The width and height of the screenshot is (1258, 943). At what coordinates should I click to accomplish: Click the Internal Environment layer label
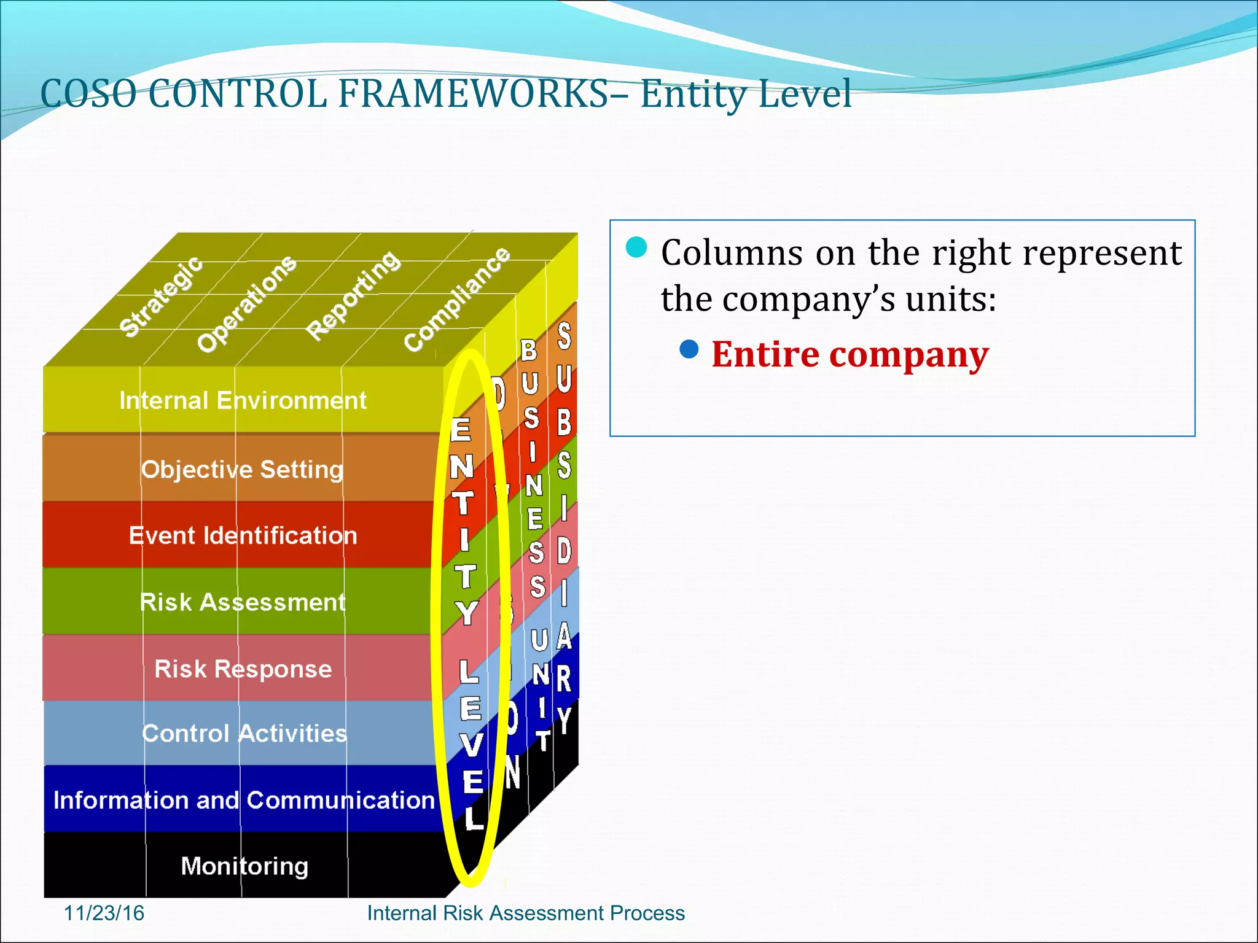pyautogui.click(x=243, y=400)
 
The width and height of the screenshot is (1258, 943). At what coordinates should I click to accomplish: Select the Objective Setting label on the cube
pyautogui.click(x=242, y=469)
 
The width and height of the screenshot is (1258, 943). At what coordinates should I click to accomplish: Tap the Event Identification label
pyautogui.click(x=243, y=535)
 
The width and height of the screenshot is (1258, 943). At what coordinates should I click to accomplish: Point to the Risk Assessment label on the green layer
pyautogui.click(x=243, y=602)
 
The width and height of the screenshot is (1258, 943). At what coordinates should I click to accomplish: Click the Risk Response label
pyautogui.click(x=243, y=669)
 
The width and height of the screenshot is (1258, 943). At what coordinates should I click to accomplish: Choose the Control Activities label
pyautogui.click(x=244, y=733)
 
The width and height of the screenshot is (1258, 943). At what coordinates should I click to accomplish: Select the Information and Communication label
pyautogui.click(x=244, y=800)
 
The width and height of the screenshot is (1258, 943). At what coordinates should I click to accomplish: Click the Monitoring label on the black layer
pyautogui.click(x=244, y=866)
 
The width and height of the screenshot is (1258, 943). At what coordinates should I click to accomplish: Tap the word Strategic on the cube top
pyautogui.click(x=161, y=297)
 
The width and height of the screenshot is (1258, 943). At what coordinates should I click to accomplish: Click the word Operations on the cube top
pyautogui.click(x=246, y=304)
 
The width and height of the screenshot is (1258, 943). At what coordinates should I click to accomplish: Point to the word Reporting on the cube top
pyautogui.click(x=353, y=295)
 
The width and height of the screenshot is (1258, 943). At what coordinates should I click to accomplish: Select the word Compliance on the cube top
pyautogui.click(x=456, y=300)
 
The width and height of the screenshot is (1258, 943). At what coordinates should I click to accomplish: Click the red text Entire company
pyautogui.click(x=850, y=354)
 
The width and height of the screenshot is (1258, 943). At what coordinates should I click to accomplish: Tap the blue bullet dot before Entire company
pyautogui.click(x=689, y=349)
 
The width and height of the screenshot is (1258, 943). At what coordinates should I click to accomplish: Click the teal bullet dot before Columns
pyautogui.click(x=636, y=247)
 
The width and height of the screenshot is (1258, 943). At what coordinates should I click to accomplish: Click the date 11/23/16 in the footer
pyautogui.click(x=104, y=913)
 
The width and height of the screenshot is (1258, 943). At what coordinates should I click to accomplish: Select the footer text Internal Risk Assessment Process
pyautogui.click(x=525, y=913)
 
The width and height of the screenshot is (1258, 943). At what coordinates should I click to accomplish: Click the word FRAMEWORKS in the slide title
pyautogui.click(x=473, y=94)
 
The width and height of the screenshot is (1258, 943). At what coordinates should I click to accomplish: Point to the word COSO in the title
pyautogui.click(x=88, y=94)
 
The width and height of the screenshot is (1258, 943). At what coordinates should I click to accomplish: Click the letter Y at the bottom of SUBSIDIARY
pyautogui.click(x=564, y=719)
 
